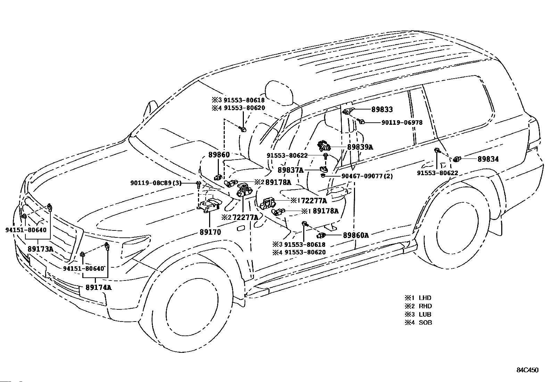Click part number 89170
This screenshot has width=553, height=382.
(x=211, y=232)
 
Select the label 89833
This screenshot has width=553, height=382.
(x=382, y=109)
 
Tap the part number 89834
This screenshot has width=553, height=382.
(x=488, y=159)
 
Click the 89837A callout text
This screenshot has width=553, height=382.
(x=291, y=170)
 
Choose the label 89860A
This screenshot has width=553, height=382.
(x=356, y=235)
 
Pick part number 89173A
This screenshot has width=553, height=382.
(x=41, y=249)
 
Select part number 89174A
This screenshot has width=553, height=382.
(x=99, y=287)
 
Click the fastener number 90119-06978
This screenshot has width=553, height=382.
(x=402, y=123)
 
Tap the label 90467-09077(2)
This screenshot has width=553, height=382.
(x=367, y=176)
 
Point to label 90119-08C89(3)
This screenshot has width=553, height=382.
(x=156, y=183)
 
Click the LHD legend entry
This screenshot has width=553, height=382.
(x=418, y=298)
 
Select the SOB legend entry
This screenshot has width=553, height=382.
(x=418, y=323)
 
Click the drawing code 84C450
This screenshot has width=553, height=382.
(x=527, y=370)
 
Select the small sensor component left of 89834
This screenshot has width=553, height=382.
(x=457, y=160)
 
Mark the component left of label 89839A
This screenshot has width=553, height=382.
(x=324, y=146)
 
